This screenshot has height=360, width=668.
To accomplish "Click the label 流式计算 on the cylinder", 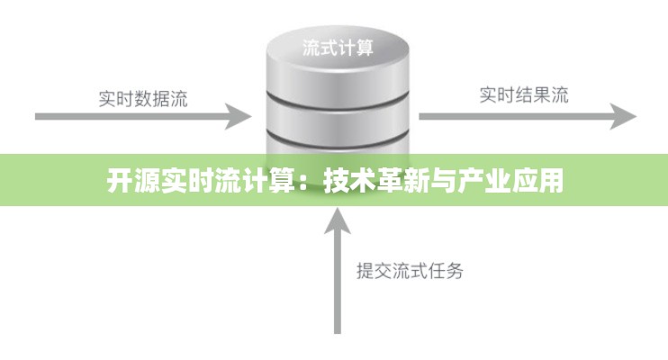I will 337,48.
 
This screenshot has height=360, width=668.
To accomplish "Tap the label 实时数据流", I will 143,98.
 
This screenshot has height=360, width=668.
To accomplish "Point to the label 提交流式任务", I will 410,271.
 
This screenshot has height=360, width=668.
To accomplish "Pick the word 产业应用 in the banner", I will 521,181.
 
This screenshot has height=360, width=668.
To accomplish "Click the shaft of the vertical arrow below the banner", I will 337,288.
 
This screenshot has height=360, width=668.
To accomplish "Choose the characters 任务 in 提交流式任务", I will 446,271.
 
